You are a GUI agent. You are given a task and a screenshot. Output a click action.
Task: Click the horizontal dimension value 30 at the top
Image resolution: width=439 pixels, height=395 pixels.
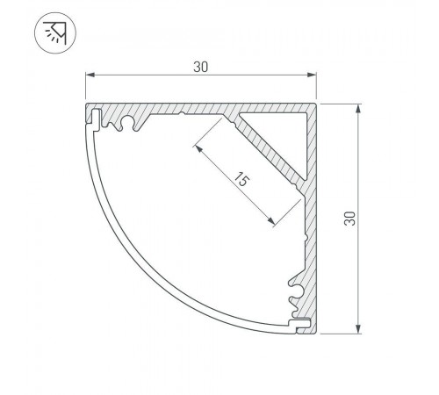click(201, 67)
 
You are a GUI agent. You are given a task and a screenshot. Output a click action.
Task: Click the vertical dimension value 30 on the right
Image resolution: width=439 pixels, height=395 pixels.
click(349, 219)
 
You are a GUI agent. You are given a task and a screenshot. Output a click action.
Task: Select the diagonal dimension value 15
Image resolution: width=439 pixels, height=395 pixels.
click(241, 180)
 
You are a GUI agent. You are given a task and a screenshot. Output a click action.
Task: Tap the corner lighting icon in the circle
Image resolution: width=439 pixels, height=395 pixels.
click(55, 32)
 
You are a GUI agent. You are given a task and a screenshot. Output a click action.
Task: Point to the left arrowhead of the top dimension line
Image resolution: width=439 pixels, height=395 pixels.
click(90, 75)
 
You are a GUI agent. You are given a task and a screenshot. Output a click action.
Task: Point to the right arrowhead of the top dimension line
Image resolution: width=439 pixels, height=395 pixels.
click(312, 75)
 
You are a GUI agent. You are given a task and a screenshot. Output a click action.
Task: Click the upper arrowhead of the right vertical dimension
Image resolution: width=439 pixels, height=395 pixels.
click(358, 109)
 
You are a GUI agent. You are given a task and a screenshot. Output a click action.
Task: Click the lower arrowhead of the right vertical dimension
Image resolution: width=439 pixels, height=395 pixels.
click(358, 328)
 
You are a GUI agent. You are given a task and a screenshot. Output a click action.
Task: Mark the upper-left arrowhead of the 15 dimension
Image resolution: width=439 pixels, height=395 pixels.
click(198, 148)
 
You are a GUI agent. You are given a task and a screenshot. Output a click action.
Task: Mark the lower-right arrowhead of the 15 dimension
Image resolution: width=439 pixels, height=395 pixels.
click(271, 221)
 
